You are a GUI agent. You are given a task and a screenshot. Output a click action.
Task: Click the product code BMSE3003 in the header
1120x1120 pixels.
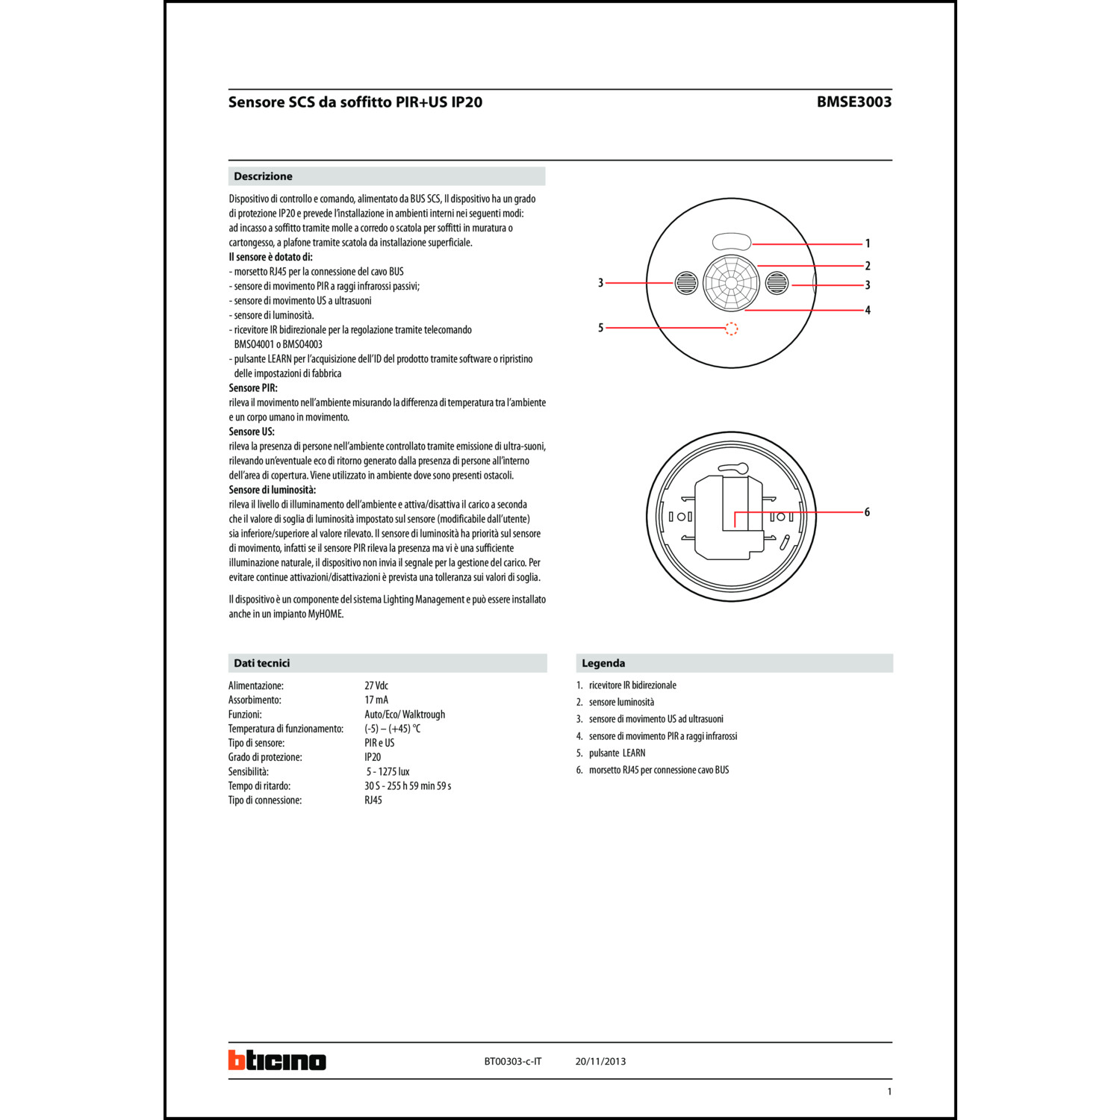(853, 102)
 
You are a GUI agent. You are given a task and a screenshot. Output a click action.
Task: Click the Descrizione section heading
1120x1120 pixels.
(263, 176)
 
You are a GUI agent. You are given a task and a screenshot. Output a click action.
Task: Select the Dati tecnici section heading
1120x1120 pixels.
(261, 663)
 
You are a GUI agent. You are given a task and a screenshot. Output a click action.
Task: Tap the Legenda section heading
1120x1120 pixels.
(603, 663)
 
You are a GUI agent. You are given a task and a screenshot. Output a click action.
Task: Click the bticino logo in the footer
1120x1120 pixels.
(277, 1060)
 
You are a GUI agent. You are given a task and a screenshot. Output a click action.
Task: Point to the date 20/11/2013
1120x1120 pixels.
(600, 1061)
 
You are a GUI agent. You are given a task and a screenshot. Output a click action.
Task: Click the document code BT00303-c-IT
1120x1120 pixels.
(512, 1061)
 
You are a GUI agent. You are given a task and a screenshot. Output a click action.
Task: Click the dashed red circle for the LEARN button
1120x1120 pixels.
(732, 329)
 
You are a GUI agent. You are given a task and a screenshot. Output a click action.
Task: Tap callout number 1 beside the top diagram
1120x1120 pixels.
(867, 243)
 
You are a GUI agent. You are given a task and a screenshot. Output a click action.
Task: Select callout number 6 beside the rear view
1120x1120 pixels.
(867, 512)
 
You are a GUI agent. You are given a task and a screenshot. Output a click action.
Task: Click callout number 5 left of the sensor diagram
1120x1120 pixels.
(600, 328)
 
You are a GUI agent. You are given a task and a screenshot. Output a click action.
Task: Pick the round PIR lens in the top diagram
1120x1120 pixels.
(731, 283)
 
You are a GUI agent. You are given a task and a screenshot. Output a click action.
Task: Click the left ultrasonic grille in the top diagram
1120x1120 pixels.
(686, 283)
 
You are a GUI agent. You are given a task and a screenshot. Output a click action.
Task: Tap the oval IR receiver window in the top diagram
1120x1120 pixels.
(732, 241)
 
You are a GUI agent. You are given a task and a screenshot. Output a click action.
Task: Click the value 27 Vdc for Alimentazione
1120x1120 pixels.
(376, 685)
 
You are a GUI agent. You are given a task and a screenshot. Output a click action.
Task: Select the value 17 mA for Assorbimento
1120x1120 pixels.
(376, 700)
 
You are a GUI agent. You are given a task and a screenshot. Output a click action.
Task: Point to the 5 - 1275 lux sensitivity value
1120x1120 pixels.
(388, 771)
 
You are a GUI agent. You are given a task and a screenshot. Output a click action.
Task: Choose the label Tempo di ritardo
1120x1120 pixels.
(259, 785)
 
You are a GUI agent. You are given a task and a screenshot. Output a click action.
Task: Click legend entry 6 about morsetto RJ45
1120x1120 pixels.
(658, 770)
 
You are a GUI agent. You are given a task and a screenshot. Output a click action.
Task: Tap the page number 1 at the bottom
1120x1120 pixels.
(889, 1092)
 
